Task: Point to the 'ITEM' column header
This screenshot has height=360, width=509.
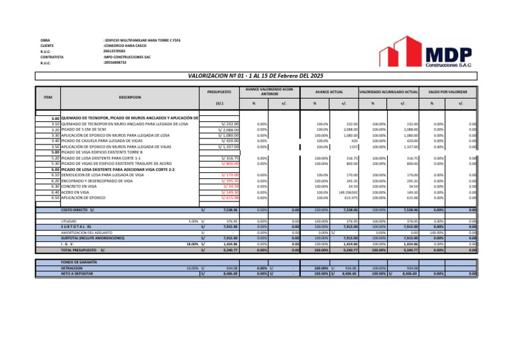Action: (48, 97)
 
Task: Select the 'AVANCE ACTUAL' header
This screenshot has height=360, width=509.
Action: (329, 91)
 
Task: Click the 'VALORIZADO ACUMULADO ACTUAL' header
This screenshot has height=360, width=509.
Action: (388, 91)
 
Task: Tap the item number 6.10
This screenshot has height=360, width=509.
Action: (56, 175)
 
